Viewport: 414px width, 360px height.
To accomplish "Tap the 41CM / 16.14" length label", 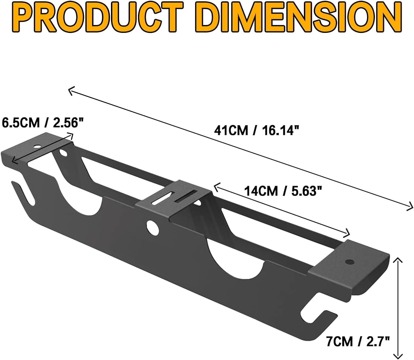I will tap(257, 130).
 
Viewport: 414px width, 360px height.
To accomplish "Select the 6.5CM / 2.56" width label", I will tap(43, 123).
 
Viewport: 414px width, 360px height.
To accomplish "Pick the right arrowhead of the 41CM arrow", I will tap(411, 207).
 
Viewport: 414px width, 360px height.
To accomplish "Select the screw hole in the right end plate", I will tap(350, 261).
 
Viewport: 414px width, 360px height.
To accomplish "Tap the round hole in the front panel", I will tap(153, 226).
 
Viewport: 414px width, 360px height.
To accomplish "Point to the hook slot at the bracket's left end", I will tap(23, 190).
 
